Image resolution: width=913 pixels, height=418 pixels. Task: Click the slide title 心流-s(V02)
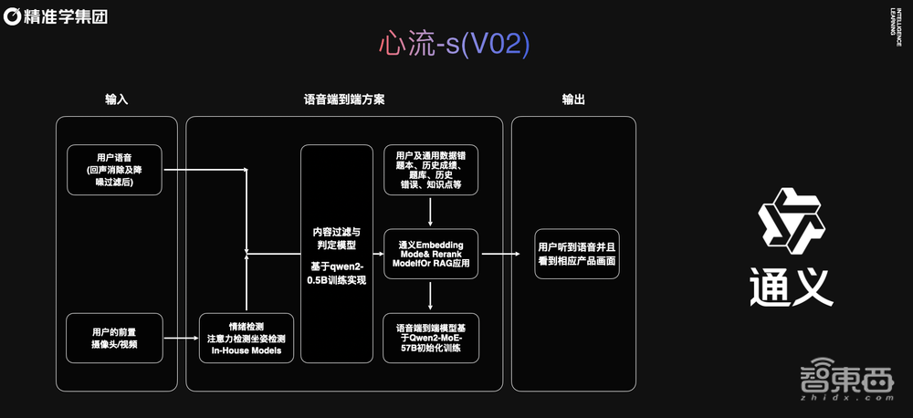(454, 45)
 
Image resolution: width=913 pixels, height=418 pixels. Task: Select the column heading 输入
(116, 99)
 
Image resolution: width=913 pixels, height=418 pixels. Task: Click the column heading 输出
(573, 99)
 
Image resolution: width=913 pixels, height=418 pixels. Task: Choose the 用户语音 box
(114, 169)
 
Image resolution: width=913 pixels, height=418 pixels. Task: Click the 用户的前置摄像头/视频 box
(114, 337)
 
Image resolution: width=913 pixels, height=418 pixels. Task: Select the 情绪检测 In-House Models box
(247, 338)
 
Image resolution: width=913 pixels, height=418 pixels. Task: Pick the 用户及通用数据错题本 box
(430, 169)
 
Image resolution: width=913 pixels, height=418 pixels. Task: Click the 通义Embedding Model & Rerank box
(430, 254)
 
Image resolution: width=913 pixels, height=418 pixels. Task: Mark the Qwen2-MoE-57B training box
(430, 338)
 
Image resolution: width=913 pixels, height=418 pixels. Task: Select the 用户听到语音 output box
(577, 254)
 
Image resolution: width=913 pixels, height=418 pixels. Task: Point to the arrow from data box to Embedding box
(430, 211)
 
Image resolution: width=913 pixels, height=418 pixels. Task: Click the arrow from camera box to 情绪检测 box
(181, 338)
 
